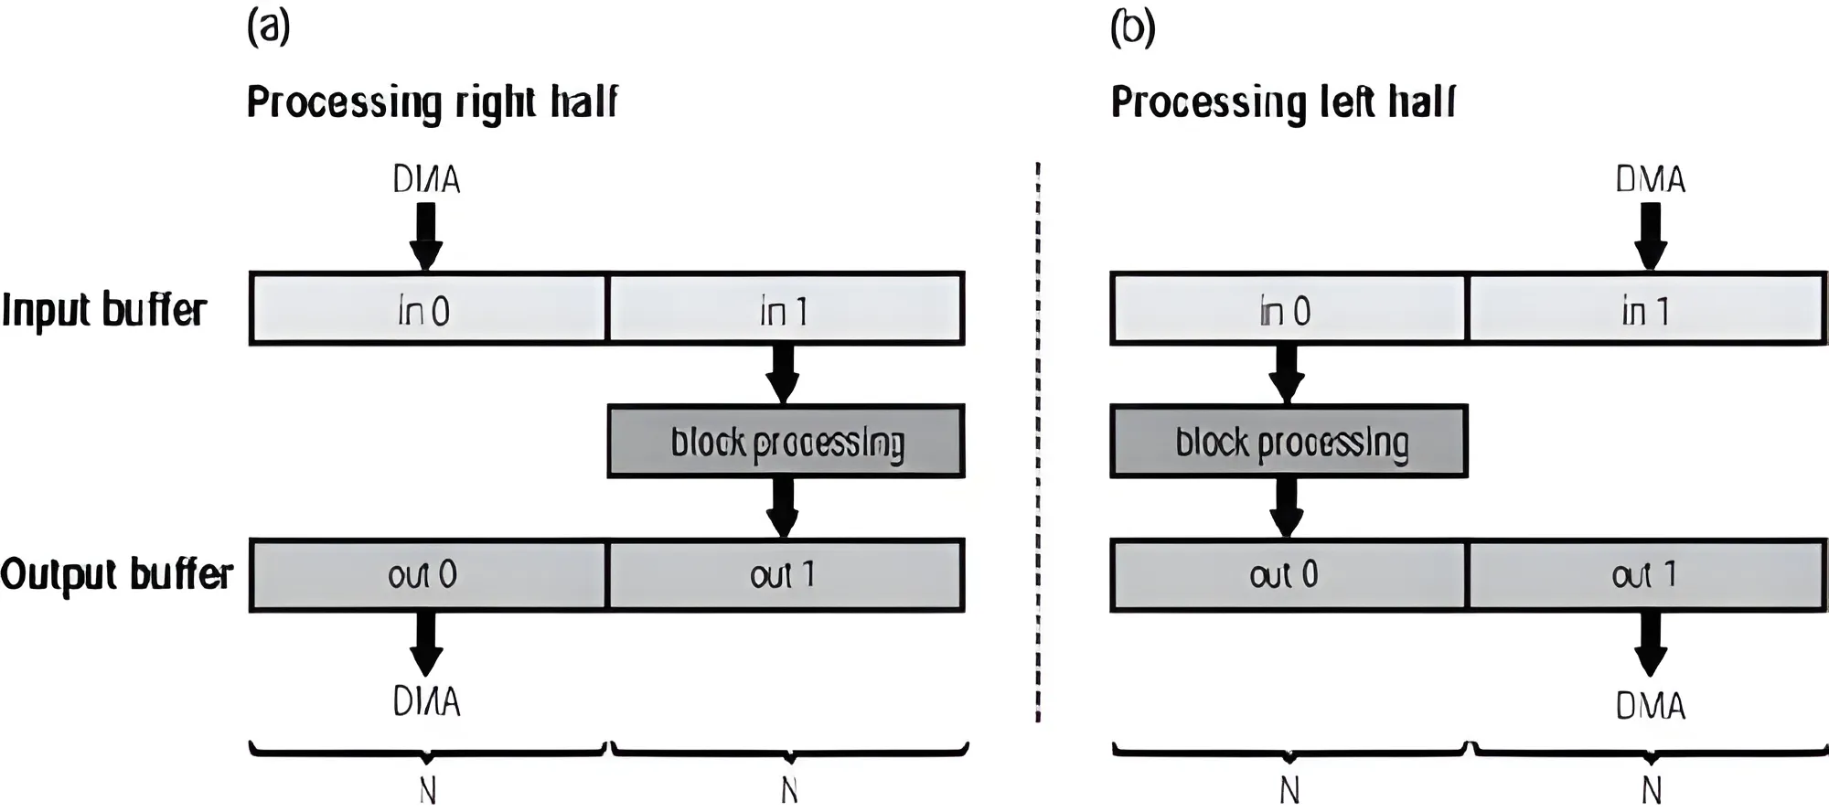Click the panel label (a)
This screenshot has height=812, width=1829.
pyautogui.click(x=269, y=27)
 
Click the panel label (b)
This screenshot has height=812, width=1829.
pyautogui.click(x=1132, y=27)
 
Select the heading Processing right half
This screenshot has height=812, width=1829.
pyautogui.click(x=432, y=101)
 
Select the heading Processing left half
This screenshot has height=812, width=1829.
pyautogui.click(x=1282, y=101)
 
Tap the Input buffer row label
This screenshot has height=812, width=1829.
pyautogui.click(x=103, y=310)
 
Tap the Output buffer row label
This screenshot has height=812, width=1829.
pyautogui.click(x=116, y=574)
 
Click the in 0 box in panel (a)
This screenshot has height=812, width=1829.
pyautogui.click(x=427, y=309)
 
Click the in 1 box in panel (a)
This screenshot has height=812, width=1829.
pyautogui.click(x=786, y=309)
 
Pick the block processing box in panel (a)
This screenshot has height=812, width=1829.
pyautogui.click(x=786, y=442)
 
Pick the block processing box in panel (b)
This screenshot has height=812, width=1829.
pyautogui.click(x=1289, y=442)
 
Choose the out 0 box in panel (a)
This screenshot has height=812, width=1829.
pyautogui.click(x=427, y=575)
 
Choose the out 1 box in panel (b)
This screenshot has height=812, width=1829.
pyautogui.click(x=1645, y=575)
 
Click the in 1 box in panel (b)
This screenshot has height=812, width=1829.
pyautogui.click(x=1645, y=309)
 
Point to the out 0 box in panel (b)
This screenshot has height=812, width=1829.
pyautogui.click(x=1288, y=575)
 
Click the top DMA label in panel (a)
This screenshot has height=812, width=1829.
pyautogui.click(x=426, y=179)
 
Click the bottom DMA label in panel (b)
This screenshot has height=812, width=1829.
pyautogui.click(x=1650, y=706)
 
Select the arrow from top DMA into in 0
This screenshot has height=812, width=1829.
pyautogui.click(x=426, y=235)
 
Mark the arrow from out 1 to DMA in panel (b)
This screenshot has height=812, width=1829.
pyautogui.click(x=1650, y=644)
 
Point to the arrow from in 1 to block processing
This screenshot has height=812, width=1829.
pyautogui.click(x=783, y=373)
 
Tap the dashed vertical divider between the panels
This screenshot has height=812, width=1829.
pyautogui.click(x=1038, y=439)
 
